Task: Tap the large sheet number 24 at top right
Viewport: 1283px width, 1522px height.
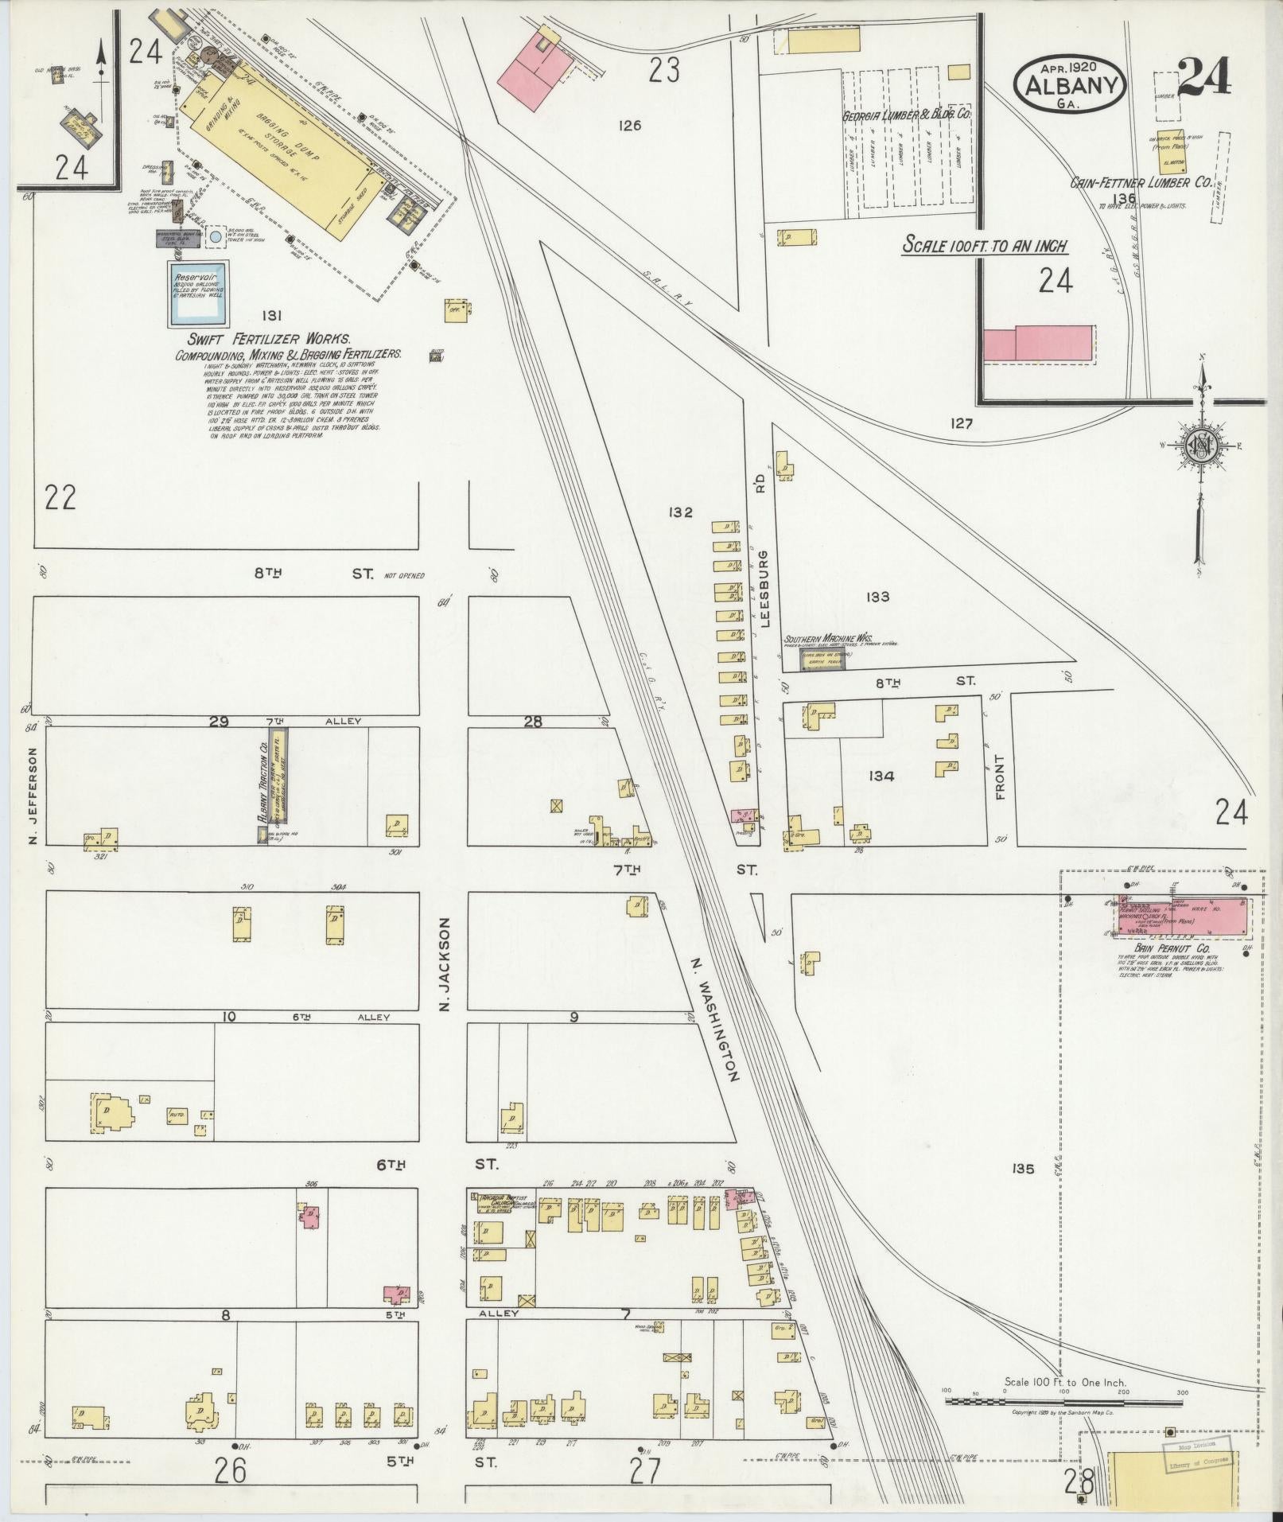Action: coord(1204,77)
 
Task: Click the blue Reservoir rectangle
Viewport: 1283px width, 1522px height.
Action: coord(196,293)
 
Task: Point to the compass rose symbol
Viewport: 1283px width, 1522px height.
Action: coord(1199,446)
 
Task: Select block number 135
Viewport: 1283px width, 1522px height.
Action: coord(1023,1169)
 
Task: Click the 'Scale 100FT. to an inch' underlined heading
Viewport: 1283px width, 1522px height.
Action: coord(986,246)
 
